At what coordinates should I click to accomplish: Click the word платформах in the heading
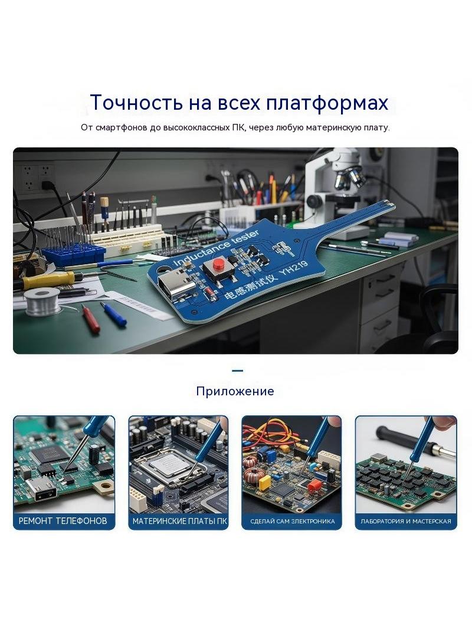(x=327, y=103)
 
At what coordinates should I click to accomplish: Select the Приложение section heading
(x=235, y=391)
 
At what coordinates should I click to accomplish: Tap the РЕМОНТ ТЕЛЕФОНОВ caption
(x=63, y=520)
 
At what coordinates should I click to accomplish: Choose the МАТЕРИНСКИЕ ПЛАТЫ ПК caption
(x=180, y=521)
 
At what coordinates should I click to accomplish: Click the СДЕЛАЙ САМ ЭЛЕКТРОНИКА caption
(x=292, y=522)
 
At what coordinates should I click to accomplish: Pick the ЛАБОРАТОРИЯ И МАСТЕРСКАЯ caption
(x=406, y=522)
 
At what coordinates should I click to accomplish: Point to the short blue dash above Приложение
(x=237, y=371)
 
